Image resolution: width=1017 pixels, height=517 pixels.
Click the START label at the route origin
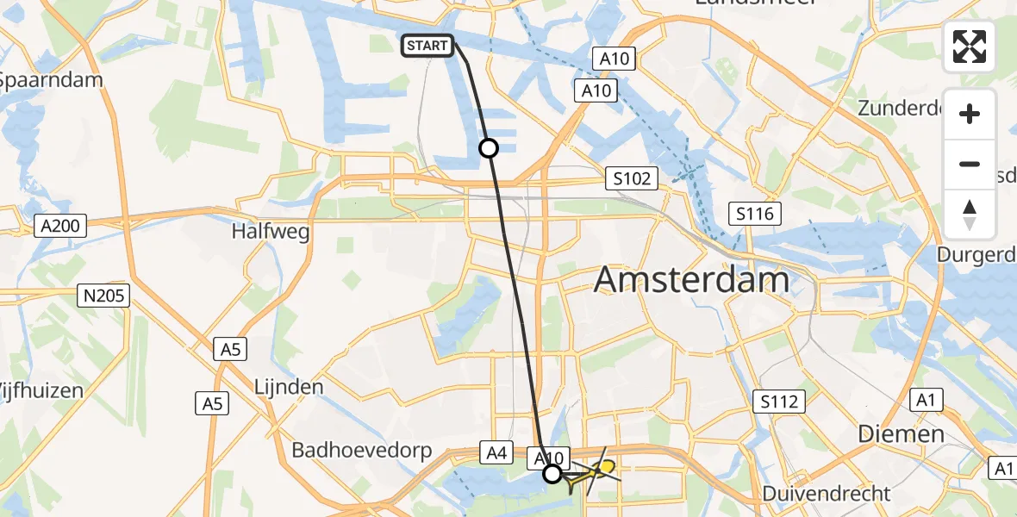[x=427, y=46]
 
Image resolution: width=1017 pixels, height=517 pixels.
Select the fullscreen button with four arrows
[x=970, y=47]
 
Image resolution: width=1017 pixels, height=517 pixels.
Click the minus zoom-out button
[x=970, y=164]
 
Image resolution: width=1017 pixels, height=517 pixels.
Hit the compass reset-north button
[x=970, y=215]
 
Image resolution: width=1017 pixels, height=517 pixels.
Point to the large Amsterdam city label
[x=692, y=280]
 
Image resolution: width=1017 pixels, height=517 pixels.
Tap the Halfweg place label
[x=271, y=232]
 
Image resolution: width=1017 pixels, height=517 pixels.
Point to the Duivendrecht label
[x=827, y=494]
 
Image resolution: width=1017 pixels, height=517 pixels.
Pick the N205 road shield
[x=103, y=296]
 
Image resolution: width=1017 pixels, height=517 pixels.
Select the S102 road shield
[x=632, y=179]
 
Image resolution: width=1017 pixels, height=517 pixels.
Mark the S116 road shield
[x=754, y=214]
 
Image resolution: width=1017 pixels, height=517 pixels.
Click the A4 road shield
[x=496, y=452]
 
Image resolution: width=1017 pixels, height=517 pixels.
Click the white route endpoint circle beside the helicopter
[x=552, y=473]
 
